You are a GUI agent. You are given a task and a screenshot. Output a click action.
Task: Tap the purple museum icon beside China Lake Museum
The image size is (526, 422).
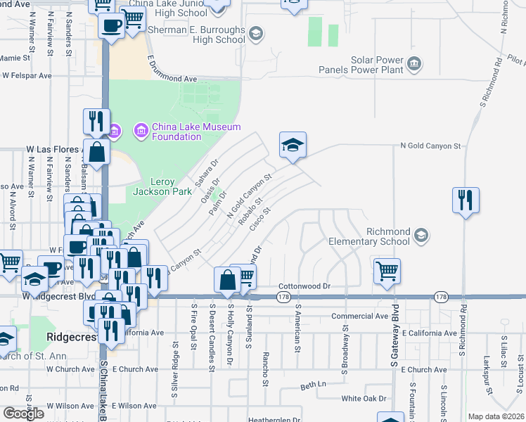point(141,130)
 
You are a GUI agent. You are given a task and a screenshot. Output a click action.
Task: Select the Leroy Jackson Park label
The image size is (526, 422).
point(162,186)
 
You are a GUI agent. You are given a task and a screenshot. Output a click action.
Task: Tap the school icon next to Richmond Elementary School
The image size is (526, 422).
point(421,235)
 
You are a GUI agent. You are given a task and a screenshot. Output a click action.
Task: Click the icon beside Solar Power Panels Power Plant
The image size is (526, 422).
point(414,65)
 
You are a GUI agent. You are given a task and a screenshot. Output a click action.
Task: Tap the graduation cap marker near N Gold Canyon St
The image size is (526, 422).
point(293,145)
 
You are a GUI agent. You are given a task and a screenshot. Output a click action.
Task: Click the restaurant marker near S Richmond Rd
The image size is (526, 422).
point(466,200)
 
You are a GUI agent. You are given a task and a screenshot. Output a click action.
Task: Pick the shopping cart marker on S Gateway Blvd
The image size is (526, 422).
point(387,271)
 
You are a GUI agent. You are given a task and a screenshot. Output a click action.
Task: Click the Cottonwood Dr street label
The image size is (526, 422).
point(304,287)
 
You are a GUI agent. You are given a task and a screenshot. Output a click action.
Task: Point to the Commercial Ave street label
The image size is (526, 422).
point(360,316)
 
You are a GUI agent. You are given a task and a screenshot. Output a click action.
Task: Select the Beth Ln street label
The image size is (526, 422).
point(314,385)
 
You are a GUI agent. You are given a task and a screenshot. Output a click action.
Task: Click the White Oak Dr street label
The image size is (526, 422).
point(364,398)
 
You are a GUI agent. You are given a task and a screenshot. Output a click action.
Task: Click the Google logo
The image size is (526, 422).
point(23,414)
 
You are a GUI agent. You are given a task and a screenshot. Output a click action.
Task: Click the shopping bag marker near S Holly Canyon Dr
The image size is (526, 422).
point(228,280)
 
